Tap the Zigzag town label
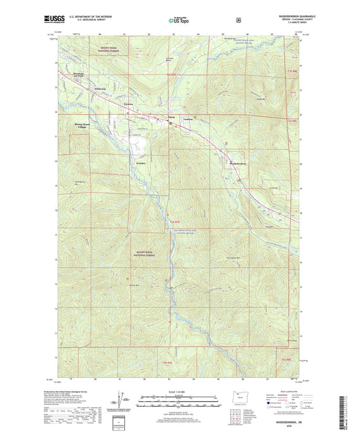click(172, 118)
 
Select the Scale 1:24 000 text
click(178, 392)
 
